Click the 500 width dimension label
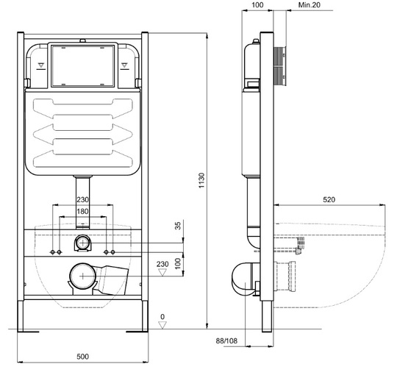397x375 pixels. pyautogui.click(x=82, y=357)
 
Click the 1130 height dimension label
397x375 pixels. pyautogui.click(x=201, y=180)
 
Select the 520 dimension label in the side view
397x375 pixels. pyautogui.click(x=329, y=199)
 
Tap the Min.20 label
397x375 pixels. pyautogui.click(x=309, y=5)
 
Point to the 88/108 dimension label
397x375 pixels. pyautogui.click(x=226, y=341)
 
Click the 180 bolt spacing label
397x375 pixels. pyautogui.click(x=82, y=211)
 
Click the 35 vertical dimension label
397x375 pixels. pyautogui.click(x=178, y=226)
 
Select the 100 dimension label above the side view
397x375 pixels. pyautogui.click(x=257, y=5)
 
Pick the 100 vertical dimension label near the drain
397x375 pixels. pyautogui.click(x=178, y=263)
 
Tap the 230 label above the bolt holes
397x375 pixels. pyautogui.click(x=82, y=199)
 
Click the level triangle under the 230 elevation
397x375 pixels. pyautogui.click(x=162, y=273)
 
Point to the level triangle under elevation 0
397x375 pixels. pyautogui.click(x=162, y=325)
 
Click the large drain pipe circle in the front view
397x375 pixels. pyautogui.click(x=83, y=276)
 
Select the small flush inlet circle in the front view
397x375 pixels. pyautogui.click(x=83, y=243)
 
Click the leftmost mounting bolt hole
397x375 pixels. pyautogui.click(x=52, y=252)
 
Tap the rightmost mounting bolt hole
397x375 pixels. pyautogui.click(x=113, y=252)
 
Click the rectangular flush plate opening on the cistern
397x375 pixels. pyautogui.click(x=83, y=66)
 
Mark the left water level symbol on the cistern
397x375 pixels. pyautogui.click(x=41, y=65)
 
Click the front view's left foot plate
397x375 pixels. pyautogui.click(x=28, y=331)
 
